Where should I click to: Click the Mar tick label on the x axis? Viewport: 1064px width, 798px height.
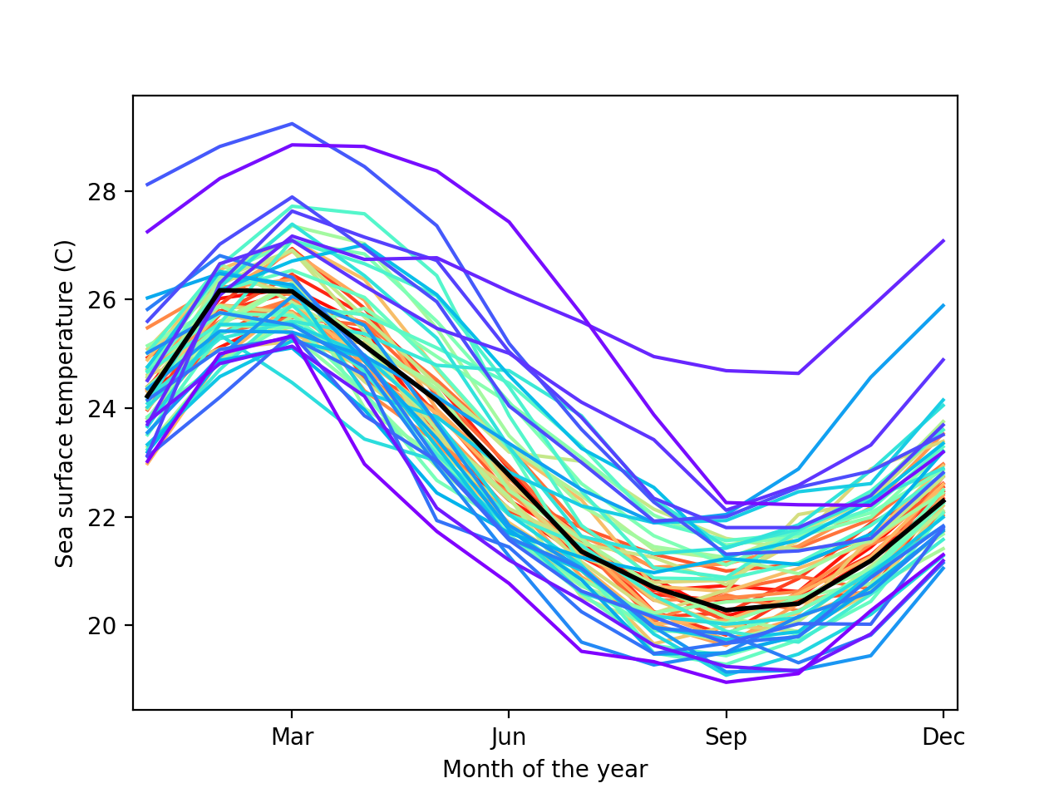coord(292,737)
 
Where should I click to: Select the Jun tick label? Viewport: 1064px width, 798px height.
coord(509,737)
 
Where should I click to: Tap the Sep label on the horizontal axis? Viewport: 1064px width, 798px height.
coord(726,737)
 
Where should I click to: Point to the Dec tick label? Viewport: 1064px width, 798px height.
coord(943,737)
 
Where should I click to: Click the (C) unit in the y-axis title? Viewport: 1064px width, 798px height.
coord(65,252)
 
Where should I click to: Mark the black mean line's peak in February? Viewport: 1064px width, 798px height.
coord(219,289)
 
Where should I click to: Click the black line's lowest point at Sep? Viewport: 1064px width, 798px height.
coord(727,610)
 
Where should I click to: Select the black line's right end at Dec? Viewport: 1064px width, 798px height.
coord(943,500)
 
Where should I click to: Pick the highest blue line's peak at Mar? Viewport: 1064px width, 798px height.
coord(292,123)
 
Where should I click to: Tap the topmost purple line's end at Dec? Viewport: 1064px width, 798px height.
coord(943,240)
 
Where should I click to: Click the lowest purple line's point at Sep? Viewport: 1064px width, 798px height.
coord(727,682)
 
